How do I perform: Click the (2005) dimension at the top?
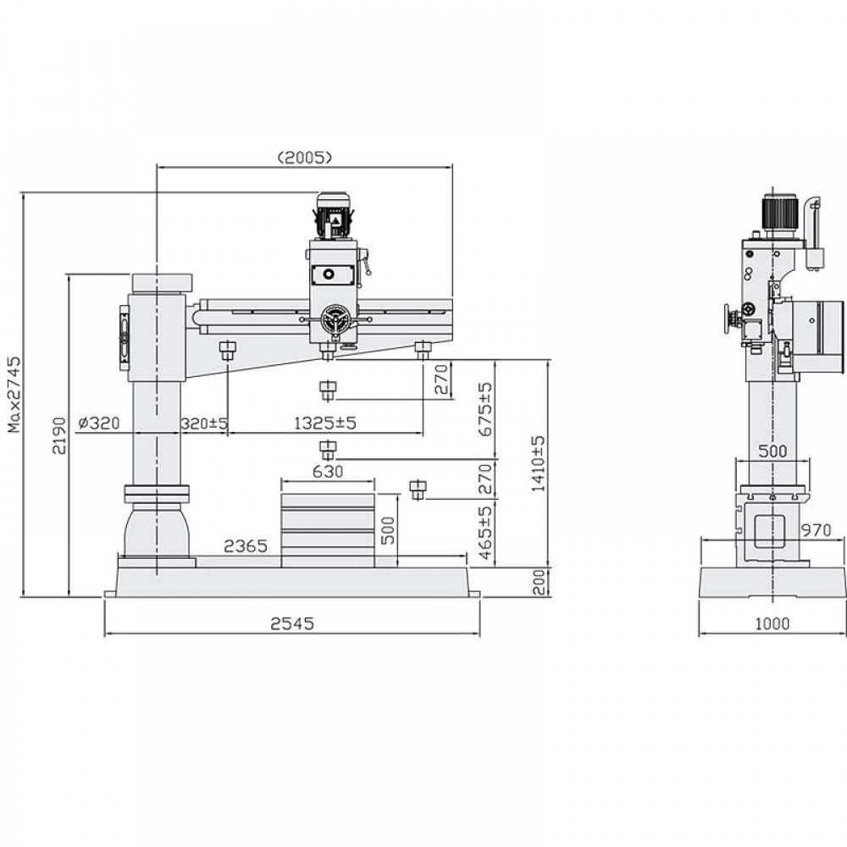pyautogui.click(x=304, y=158)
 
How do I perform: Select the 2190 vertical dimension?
pyautogui.click(x=59, y=435)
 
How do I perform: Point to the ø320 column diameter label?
pyautogui.click(x=99, y=423)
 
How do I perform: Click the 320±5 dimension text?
pyautogui.click(x=204, y=423)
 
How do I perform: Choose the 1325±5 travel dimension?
pyautogui.click(x=325, y=423)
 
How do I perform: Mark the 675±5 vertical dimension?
pyautogui.click(x=485, y=409)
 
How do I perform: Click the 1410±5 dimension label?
pyautogui.click(x=539, y=463)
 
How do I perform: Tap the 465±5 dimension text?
pyautogui.click(x=485, y=533)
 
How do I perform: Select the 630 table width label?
pyautogui.click(x=328, y=472)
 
